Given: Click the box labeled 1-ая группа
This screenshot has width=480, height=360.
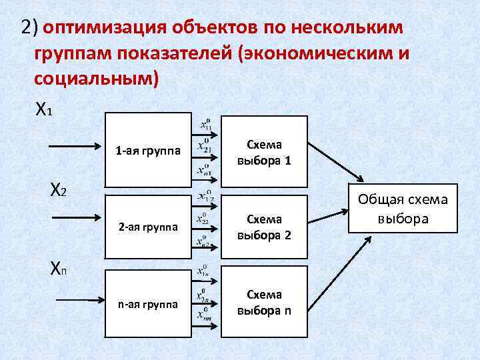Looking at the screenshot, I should click(146, 151).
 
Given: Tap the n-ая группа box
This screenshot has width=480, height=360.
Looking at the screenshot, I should click(146, 303).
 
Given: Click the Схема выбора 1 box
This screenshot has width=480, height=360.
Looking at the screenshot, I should click(264, 151).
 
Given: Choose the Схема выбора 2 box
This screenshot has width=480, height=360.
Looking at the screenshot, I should click(264, 226).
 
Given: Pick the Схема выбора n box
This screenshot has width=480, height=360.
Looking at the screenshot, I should click(264, 301).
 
